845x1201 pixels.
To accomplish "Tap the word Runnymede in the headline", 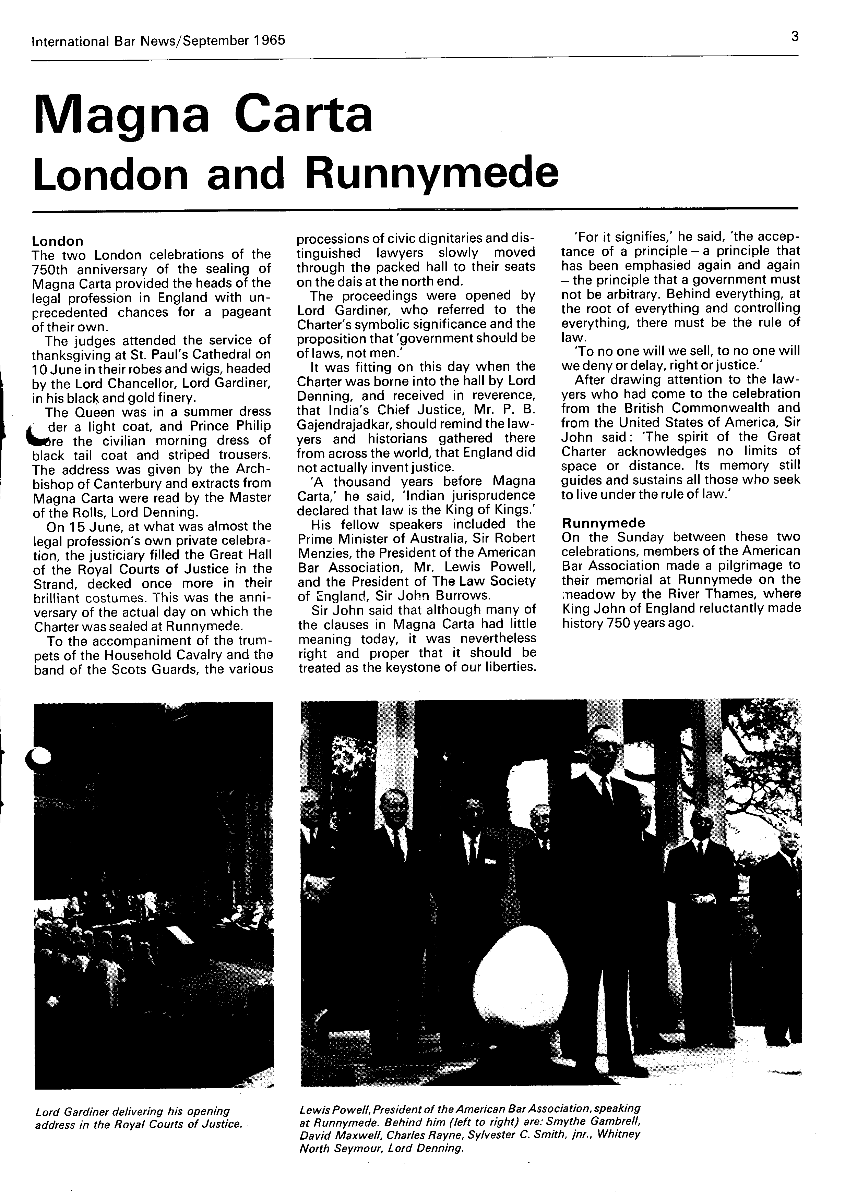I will click(432, 174).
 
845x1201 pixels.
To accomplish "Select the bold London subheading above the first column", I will click(58, 241).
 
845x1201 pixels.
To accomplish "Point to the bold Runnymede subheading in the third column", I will click(603, 523).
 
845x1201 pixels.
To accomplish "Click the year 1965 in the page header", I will click(270, 40).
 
